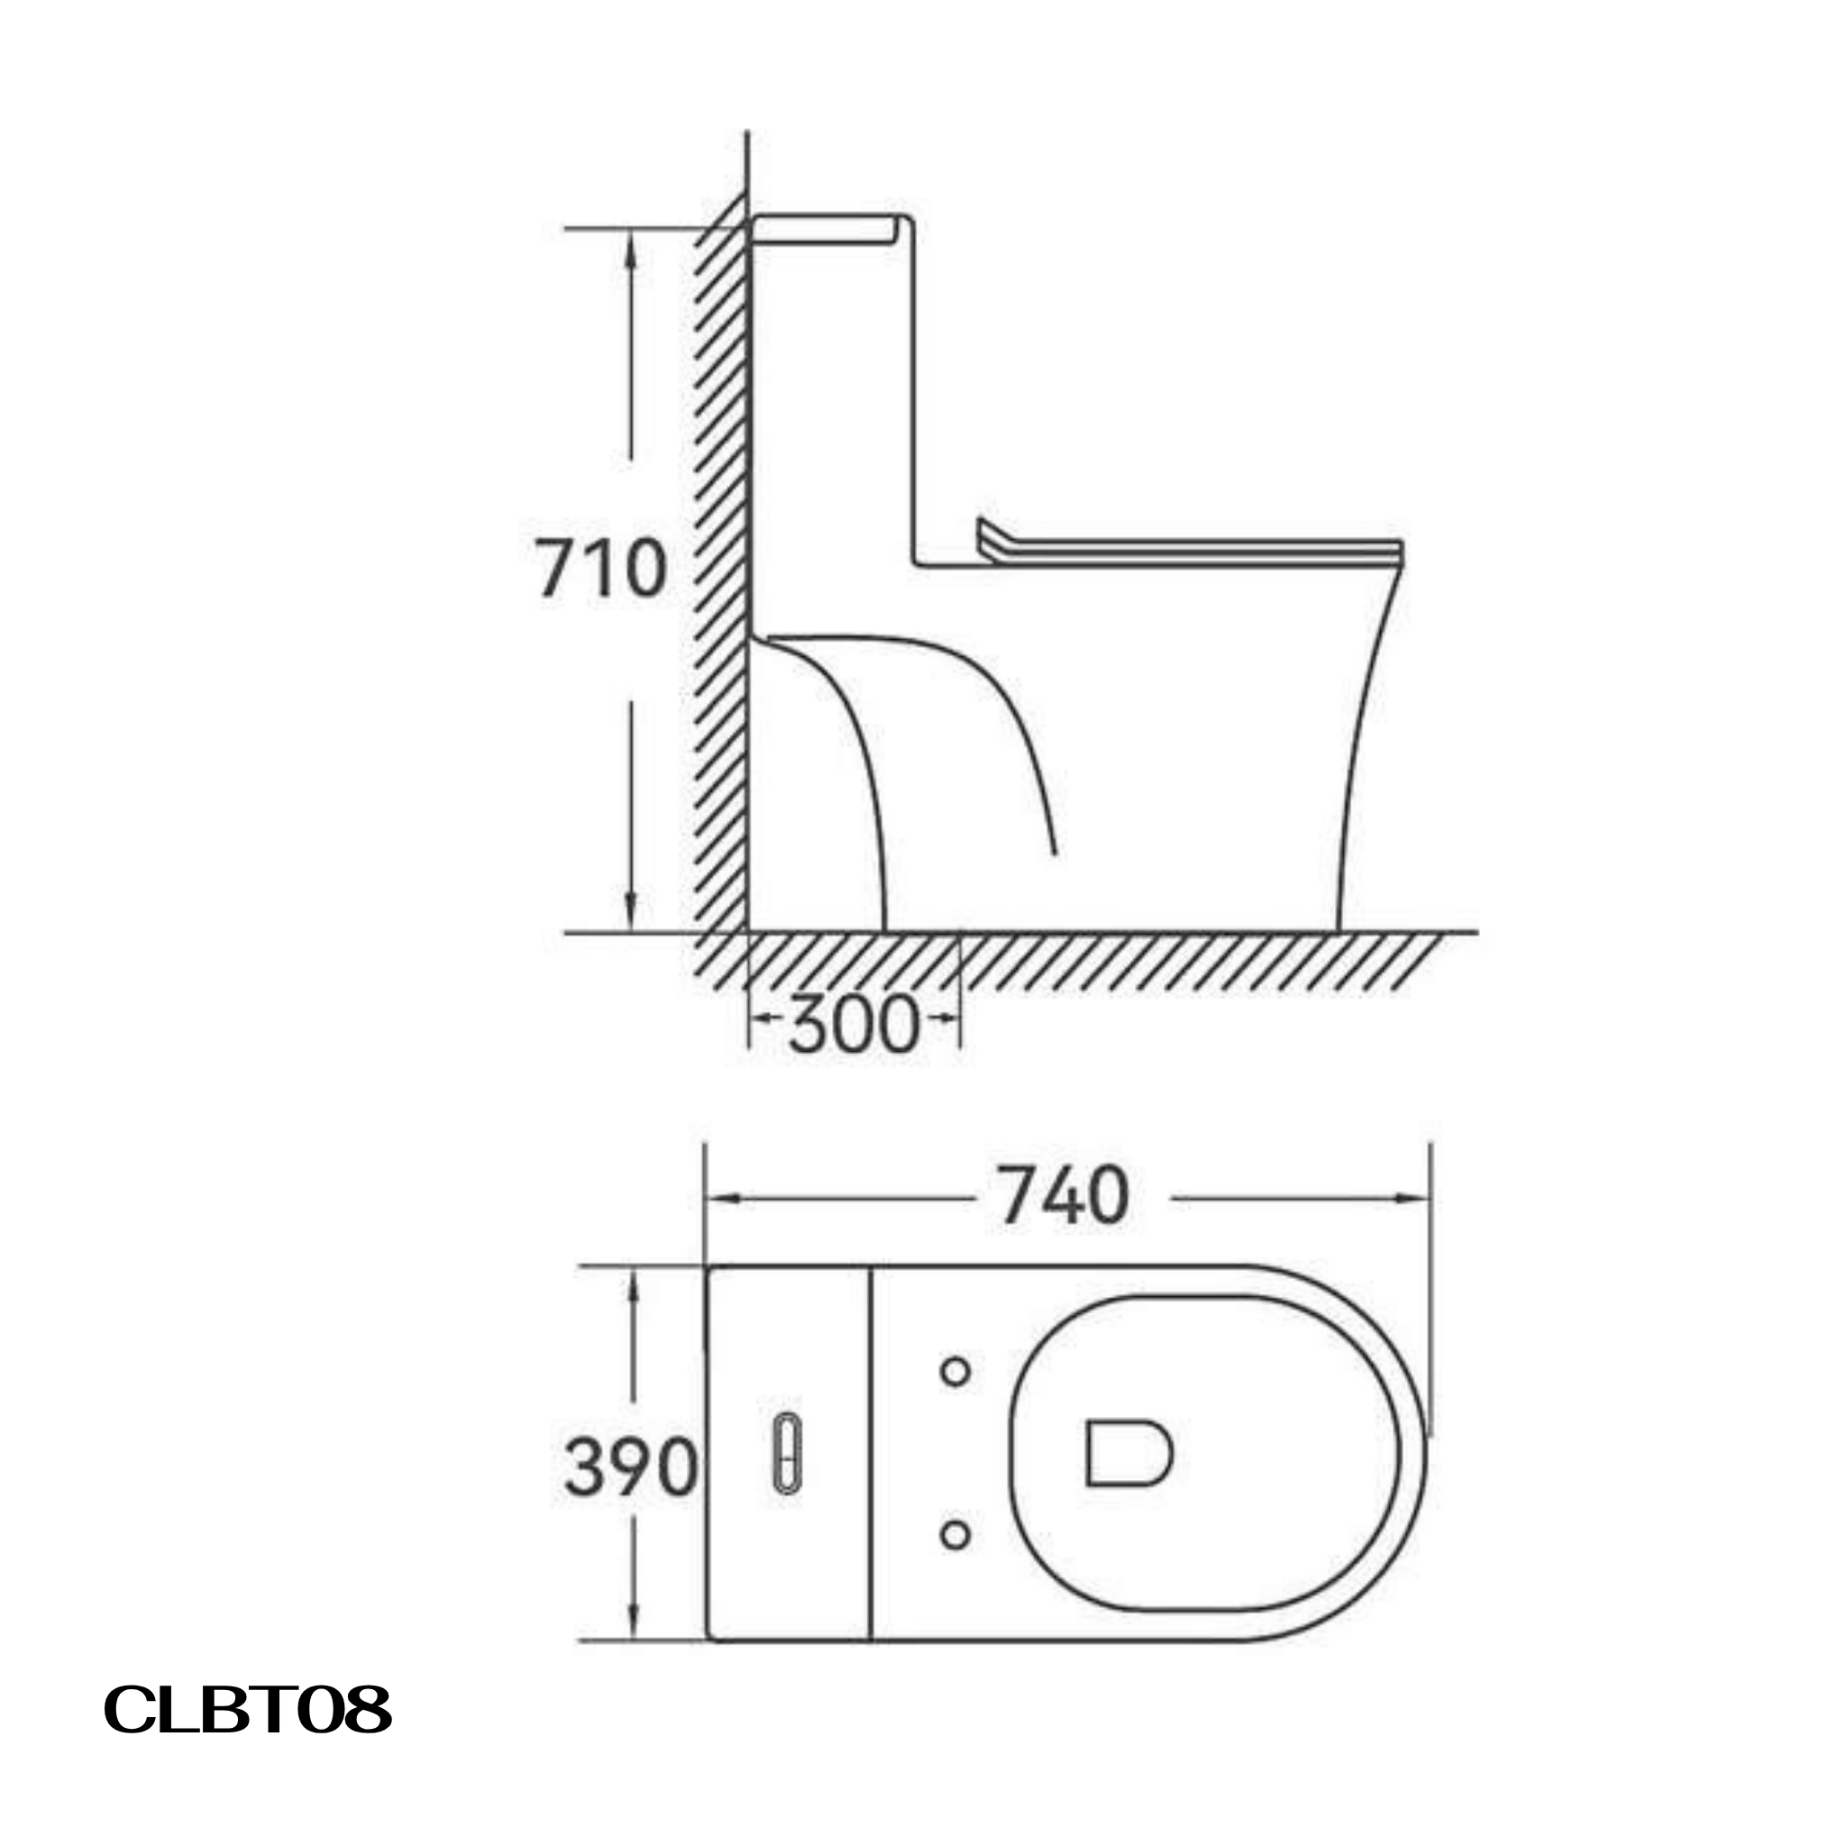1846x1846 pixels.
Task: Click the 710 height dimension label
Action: tap(600, 570)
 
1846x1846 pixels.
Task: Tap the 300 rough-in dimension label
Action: tap(854, 1025)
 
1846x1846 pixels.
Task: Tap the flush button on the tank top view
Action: tap(786, 1464)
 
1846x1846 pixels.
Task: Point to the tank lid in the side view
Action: tap(826, 229)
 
